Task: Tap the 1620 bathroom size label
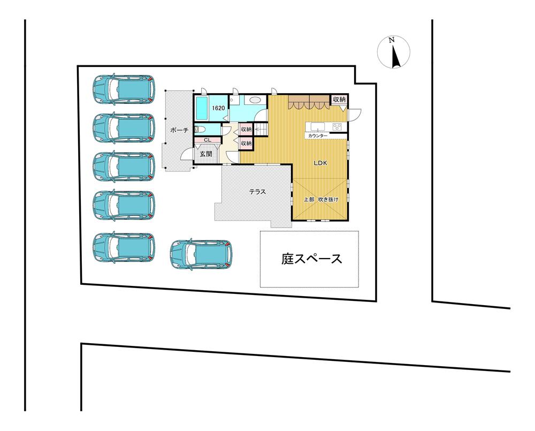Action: point(218,108)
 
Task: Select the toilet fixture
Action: point(199,129)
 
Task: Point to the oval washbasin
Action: point(255,100)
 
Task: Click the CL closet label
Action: point(208,140)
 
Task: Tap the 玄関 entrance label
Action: point(206,154)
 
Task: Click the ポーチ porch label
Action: point(179,130)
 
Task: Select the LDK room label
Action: point(320,163)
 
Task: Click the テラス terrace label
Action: point(257,192)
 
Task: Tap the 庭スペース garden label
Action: point(311,259)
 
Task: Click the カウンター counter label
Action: point(318,136)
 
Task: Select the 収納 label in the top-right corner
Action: point(340,100)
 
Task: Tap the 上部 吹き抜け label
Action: point(321,200)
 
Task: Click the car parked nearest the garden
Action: point(201,254)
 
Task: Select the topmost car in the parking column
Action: point(124,88)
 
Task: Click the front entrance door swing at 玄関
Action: point(186,154)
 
